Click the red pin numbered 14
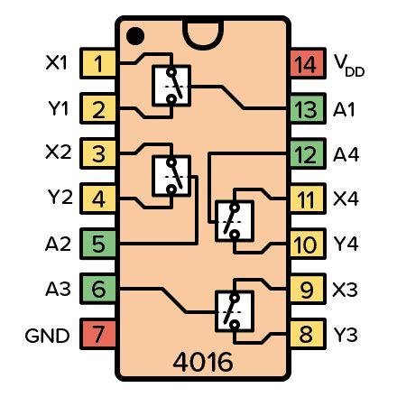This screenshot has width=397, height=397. pyautogui.click(x=308, y=63)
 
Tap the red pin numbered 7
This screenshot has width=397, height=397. pyautogui.click(x=98, y=334)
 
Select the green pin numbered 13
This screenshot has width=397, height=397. pyautogui.click(x=308, y=108)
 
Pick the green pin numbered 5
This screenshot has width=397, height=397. pyautogui.click(x=98, y=244)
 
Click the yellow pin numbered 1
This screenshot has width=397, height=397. pyautogui.click(x=98, y=63)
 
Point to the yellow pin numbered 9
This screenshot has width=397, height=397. pyautogui.click(x=308, y=289)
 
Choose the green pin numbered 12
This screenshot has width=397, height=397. pyautogui.click(x=308, y=153)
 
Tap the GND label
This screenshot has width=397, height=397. pyautogui.click(x=47, y=336)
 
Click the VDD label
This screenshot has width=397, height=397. pyautogui.click(x=349, y=65)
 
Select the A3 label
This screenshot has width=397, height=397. pyautogui.click(x=58, y=289)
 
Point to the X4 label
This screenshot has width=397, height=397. pyautogui.click(x=346, y=198)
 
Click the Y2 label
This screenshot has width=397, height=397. pyautogui.click(x=60, y=197)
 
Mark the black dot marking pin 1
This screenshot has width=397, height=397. pyautogui.click(x=135, y=36)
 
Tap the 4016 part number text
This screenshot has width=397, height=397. pyautogui.click(x=203, y=362)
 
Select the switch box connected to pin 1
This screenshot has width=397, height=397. pyautogui.click(x=171, y=86)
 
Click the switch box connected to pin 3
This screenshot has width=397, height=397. pyautogui.click(x=171, y=176)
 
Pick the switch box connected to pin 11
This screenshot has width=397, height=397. pyautogui.click(x=235, y=221)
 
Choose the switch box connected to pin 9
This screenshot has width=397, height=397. pyautogui.click(x=235, y=311)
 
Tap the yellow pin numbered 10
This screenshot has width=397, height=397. pyautogui.click(x=308, y=244)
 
